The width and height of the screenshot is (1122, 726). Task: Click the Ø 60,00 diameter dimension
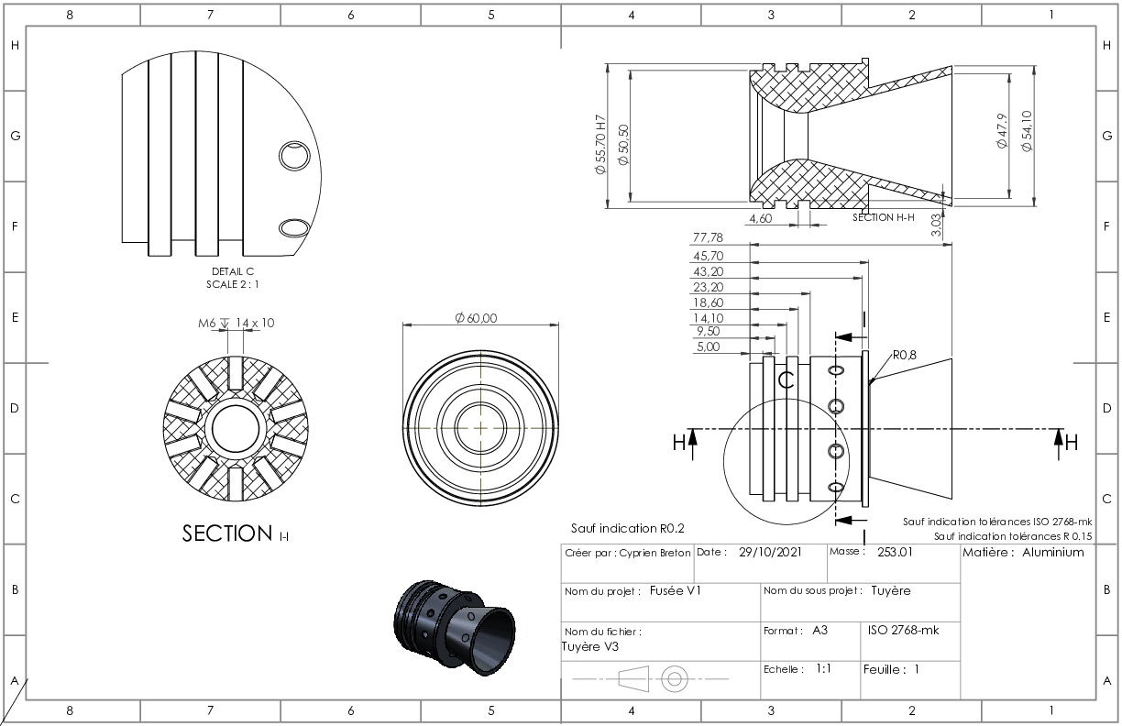point(476,318)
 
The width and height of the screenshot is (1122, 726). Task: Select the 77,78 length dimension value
point(708,237)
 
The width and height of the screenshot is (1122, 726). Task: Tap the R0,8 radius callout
point(905,356)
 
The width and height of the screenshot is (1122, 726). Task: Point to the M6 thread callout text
point(207,324)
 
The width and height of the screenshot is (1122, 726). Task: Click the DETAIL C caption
point(233,271)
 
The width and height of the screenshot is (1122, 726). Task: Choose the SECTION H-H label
point(884,217)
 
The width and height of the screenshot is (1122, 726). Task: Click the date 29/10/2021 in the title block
point(770,552)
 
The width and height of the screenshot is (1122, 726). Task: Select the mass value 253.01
point(895,552)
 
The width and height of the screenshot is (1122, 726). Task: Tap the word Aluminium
point(1053,552)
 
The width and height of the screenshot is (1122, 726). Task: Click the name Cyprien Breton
point(654,553)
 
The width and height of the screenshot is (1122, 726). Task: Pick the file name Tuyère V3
point(590,647)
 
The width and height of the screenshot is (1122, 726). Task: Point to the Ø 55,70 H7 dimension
point(600,144)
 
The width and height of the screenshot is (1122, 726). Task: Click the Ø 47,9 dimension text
point(1002,131)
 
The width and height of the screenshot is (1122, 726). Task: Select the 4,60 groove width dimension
point(760,218)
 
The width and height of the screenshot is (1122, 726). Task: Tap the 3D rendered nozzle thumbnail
point(455,627)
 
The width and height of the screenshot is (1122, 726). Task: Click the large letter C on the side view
point(786,380)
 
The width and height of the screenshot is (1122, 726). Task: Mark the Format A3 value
point(820,631)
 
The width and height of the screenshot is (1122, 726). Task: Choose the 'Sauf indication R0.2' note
point(628,529)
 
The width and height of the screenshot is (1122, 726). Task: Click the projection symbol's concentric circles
point(675,679)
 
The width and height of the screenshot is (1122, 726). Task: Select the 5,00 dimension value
point(709,346)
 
